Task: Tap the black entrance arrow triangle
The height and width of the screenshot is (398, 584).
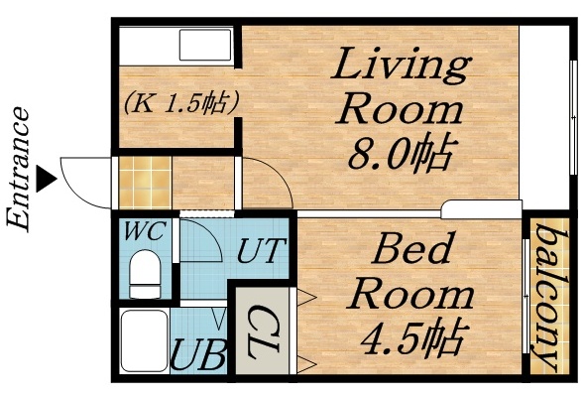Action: pyautogui.click(x=45, y=181)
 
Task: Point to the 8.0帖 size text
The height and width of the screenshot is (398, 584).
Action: pyautogui.click(x=400, y=154)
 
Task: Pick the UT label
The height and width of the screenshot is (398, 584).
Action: pyautogui.click(x=262, y=249)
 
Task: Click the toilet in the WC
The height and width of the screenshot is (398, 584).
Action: pyautogui.click(x=144, y=272)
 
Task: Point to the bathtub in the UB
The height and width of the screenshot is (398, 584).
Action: pyautogui.click(x=142, y=341)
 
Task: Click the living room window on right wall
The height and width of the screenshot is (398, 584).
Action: pyautogui.click(x=572, y=114)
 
